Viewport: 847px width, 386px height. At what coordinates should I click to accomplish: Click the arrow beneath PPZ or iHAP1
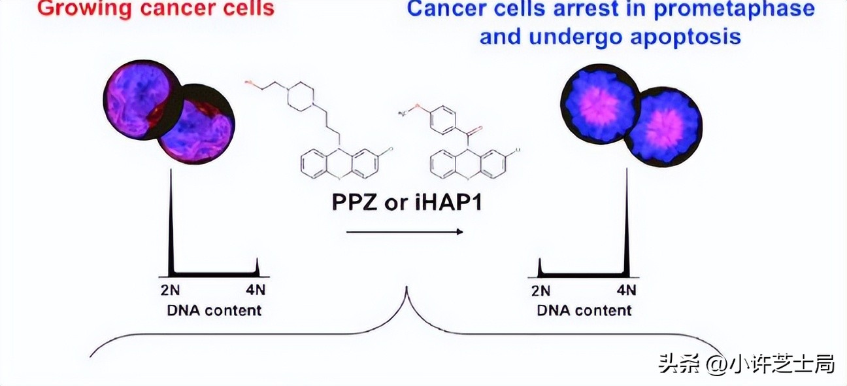click(405, 231)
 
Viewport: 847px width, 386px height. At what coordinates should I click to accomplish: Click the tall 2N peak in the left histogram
click(171, 222)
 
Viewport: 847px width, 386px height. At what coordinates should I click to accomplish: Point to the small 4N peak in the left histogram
click(257, 267)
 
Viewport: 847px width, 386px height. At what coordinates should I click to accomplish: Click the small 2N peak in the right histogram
click(540, 267)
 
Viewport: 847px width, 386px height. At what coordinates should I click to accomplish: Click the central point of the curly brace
click(408, 291)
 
